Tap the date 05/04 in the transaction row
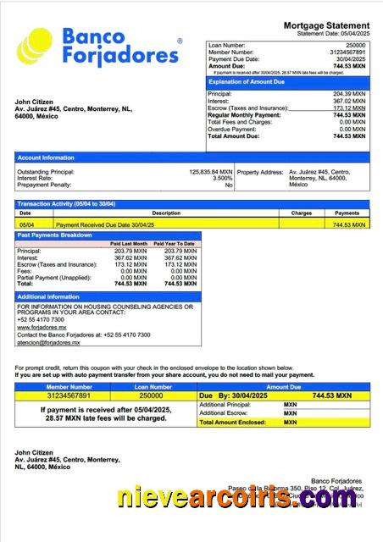point(25,225)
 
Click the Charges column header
point(302,213)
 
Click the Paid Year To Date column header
point(176,244)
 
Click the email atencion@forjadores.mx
point(43,343)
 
